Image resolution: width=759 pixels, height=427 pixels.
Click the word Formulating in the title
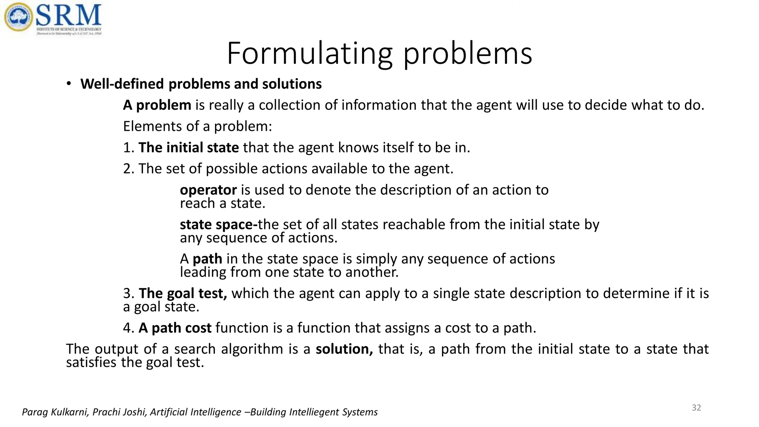[x=309, y=54]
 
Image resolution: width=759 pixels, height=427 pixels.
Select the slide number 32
[x=696, y=408]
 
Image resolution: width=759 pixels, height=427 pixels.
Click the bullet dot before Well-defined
[x=69, y=84]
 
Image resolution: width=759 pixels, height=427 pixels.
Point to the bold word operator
[x=208, y=190]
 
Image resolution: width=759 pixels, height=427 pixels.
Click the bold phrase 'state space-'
[x=218, y=225]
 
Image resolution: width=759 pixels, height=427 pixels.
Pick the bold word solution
[x=344, y=349]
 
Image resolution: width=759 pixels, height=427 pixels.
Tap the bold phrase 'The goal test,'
[x=183, y=294]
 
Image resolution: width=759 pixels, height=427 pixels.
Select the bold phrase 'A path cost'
[x=175, y=328]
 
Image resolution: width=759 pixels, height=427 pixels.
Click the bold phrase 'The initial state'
[x=189, y=148]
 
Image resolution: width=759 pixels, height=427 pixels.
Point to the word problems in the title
[x=468, y=54]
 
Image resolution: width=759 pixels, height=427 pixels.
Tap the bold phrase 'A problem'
[x=157, y=105]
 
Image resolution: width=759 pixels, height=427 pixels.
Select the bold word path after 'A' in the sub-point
[x=207, y=259]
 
